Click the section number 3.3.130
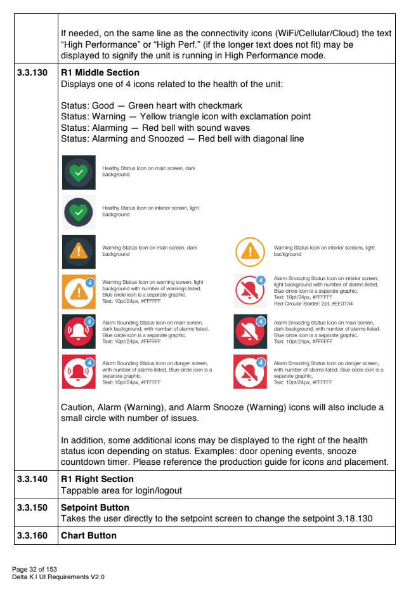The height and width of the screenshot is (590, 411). (x=32, y=73)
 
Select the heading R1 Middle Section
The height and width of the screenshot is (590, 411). (x=100, y=73)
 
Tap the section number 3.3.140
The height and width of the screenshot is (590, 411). (x=32, y=479)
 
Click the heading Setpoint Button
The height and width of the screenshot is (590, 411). (x=95, y=508)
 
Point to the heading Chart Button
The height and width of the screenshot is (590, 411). (x=89, y=535)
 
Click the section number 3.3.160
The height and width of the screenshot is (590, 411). (x=32, y=535)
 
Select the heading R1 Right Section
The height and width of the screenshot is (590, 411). (x=98, y=479)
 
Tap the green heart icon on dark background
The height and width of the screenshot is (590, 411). (x=79, y=172)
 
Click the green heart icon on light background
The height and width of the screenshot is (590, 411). (x=79, y=212)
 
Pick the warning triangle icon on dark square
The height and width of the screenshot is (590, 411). (x=79, y=252)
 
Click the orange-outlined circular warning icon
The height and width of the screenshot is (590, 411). (x=250, y=251)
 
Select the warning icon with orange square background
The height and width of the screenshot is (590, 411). (x=79, y=291)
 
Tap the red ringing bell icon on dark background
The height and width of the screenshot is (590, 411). (x=79, y=331)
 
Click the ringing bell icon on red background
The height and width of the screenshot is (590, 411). (x=79, y=372)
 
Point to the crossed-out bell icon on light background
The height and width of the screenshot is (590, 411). (x=250, y=291)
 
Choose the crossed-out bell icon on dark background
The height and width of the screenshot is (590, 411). (x=250, y=331)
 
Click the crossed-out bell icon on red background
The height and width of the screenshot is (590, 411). (x=250, y=372)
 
